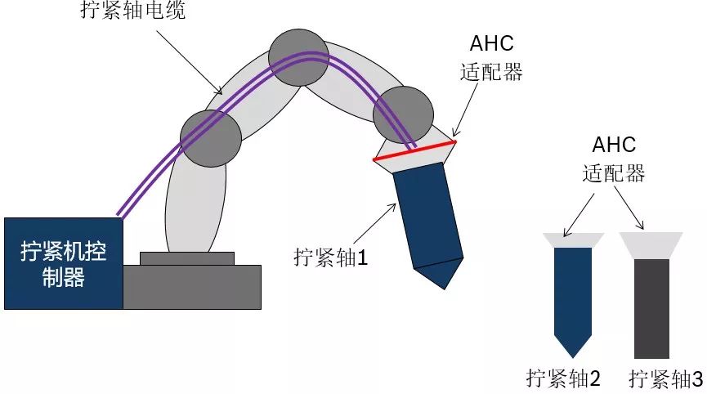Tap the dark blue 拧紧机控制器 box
point(63,263)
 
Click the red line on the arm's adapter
point(414,151)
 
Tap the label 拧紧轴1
point(331,257)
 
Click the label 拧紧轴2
point(564,378)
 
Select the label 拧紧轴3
point(666,378)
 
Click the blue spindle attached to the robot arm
point(426,217)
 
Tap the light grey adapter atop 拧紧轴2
point(573,240)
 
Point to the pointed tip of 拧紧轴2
point(573,347)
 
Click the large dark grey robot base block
point(192,286)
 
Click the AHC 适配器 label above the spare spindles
point(614,159)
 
